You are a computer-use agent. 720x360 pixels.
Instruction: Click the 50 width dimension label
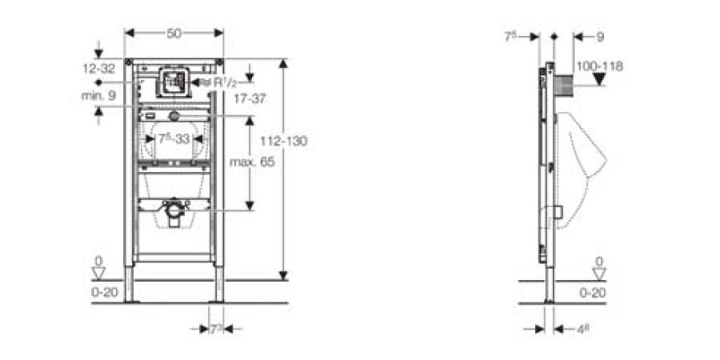point(174,33)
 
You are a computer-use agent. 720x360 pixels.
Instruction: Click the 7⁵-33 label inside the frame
point(174,138)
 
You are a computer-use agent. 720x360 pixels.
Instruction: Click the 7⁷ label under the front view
point(216,329)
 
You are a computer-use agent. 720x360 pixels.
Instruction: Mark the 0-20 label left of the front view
point(105,292)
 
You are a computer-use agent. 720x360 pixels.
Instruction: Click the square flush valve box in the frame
point(174,81)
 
